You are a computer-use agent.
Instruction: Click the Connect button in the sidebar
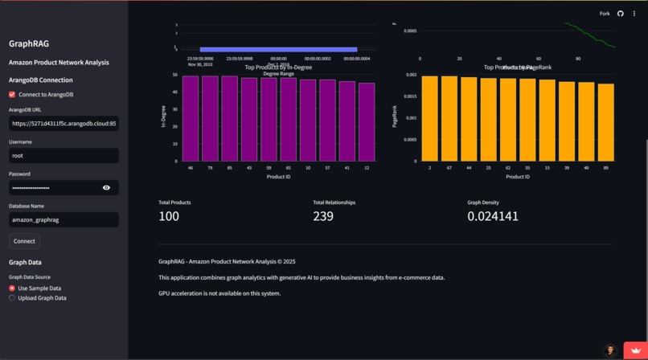pos(24,241)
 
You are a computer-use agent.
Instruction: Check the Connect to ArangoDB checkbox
pos(12,94)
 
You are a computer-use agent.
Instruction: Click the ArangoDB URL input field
pos(64,124)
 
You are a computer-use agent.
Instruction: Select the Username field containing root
pos(64,155)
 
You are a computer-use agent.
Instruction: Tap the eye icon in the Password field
pos(106,187)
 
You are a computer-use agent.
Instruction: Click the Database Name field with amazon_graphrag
pos(64,219)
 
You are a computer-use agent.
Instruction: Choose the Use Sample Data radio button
pos(12,288)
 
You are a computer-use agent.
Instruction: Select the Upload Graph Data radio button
pos(12,298)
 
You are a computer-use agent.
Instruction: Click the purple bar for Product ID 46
pos(191,119)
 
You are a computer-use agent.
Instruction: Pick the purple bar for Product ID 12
pos(367,122)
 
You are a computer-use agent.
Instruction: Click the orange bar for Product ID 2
pos(430,119)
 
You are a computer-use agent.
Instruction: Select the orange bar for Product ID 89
pos(605,122)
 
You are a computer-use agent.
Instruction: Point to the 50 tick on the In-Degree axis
pos(174,76)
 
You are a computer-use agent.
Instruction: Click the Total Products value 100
pos(169,216)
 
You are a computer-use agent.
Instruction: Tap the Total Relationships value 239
pos(323,216)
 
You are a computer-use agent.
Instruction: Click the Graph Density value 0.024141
pos(493,216)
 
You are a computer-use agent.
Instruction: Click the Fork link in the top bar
pos(605,14)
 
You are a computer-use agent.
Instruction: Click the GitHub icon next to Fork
pos(621,14)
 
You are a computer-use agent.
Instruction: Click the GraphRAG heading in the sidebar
pos(29,44)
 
